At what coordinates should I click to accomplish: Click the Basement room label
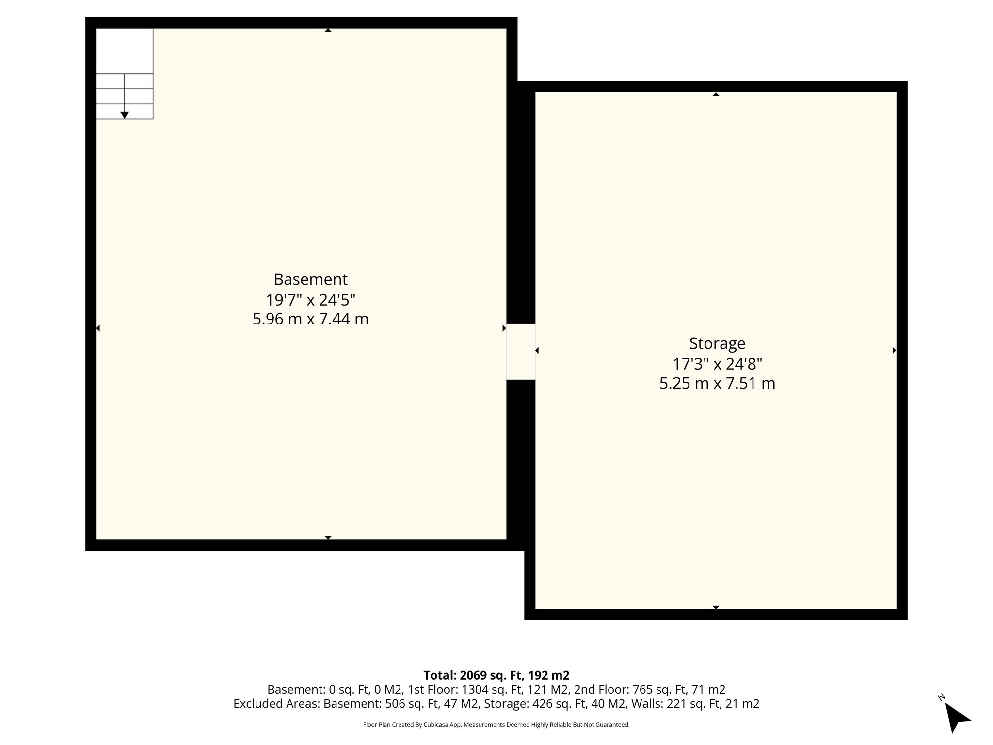(310, 279)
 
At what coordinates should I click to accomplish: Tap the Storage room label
(717, 343)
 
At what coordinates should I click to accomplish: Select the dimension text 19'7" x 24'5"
(310, 300)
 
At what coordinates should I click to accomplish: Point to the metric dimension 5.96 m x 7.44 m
(310, 319)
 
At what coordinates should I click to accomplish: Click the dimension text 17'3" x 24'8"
(717, 364)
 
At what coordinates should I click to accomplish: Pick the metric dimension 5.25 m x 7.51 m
(717, 384)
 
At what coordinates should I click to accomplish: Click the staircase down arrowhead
(125, 115)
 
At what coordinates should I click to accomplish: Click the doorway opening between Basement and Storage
(521, 351)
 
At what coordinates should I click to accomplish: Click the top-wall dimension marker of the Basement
(328, 30)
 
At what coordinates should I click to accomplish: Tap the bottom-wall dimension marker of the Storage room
(716, 607)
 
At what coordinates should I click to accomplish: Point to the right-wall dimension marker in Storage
(894, 350)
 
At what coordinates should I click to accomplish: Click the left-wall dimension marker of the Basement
(98, 328)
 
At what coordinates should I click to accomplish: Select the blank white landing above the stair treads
(125, 51)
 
